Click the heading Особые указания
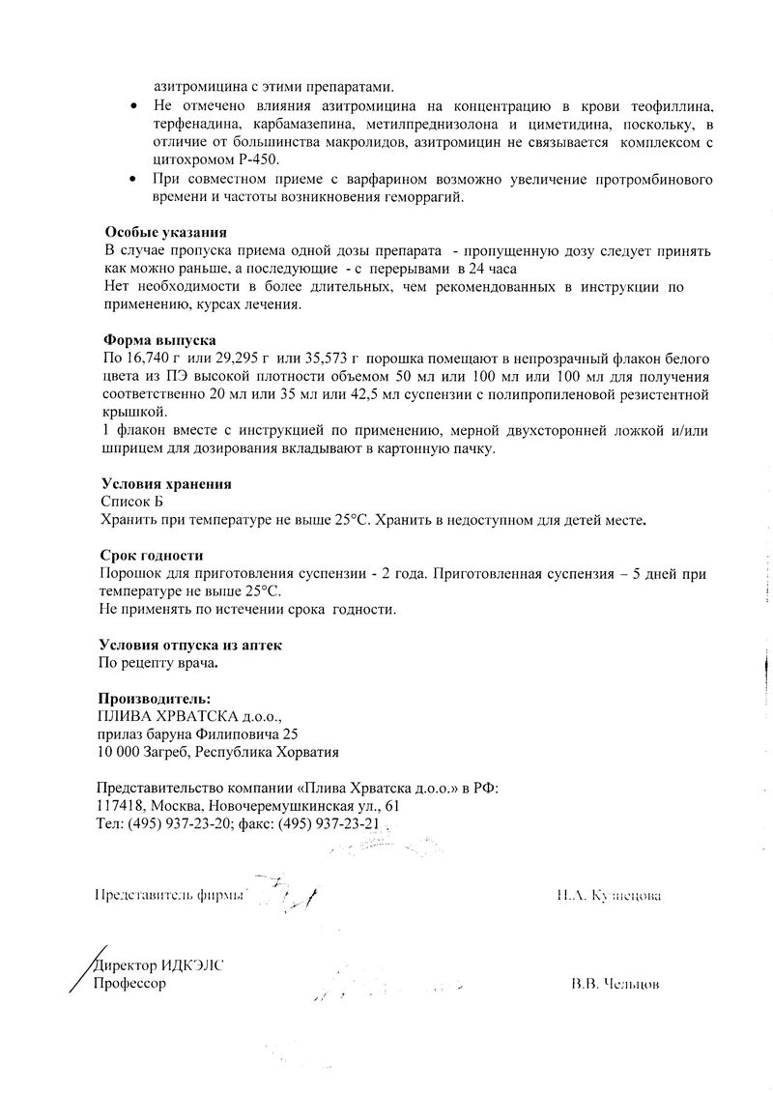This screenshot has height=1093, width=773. pos(165,233)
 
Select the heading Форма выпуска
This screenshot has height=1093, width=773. pos(159,341)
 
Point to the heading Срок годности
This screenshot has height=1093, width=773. pos(152,556)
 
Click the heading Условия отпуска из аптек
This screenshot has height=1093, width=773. pos(190,646)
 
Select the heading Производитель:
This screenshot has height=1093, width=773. pos(155,699)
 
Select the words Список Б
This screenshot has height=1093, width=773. pos(132,503)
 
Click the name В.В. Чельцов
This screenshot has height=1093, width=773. pos(616,985)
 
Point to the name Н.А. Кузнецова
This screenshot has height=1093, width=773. pos(609,895)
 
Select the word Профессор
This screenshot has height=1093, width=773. pos(129,983)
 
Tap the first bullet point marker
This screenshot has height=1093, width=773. pos(133,102)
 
